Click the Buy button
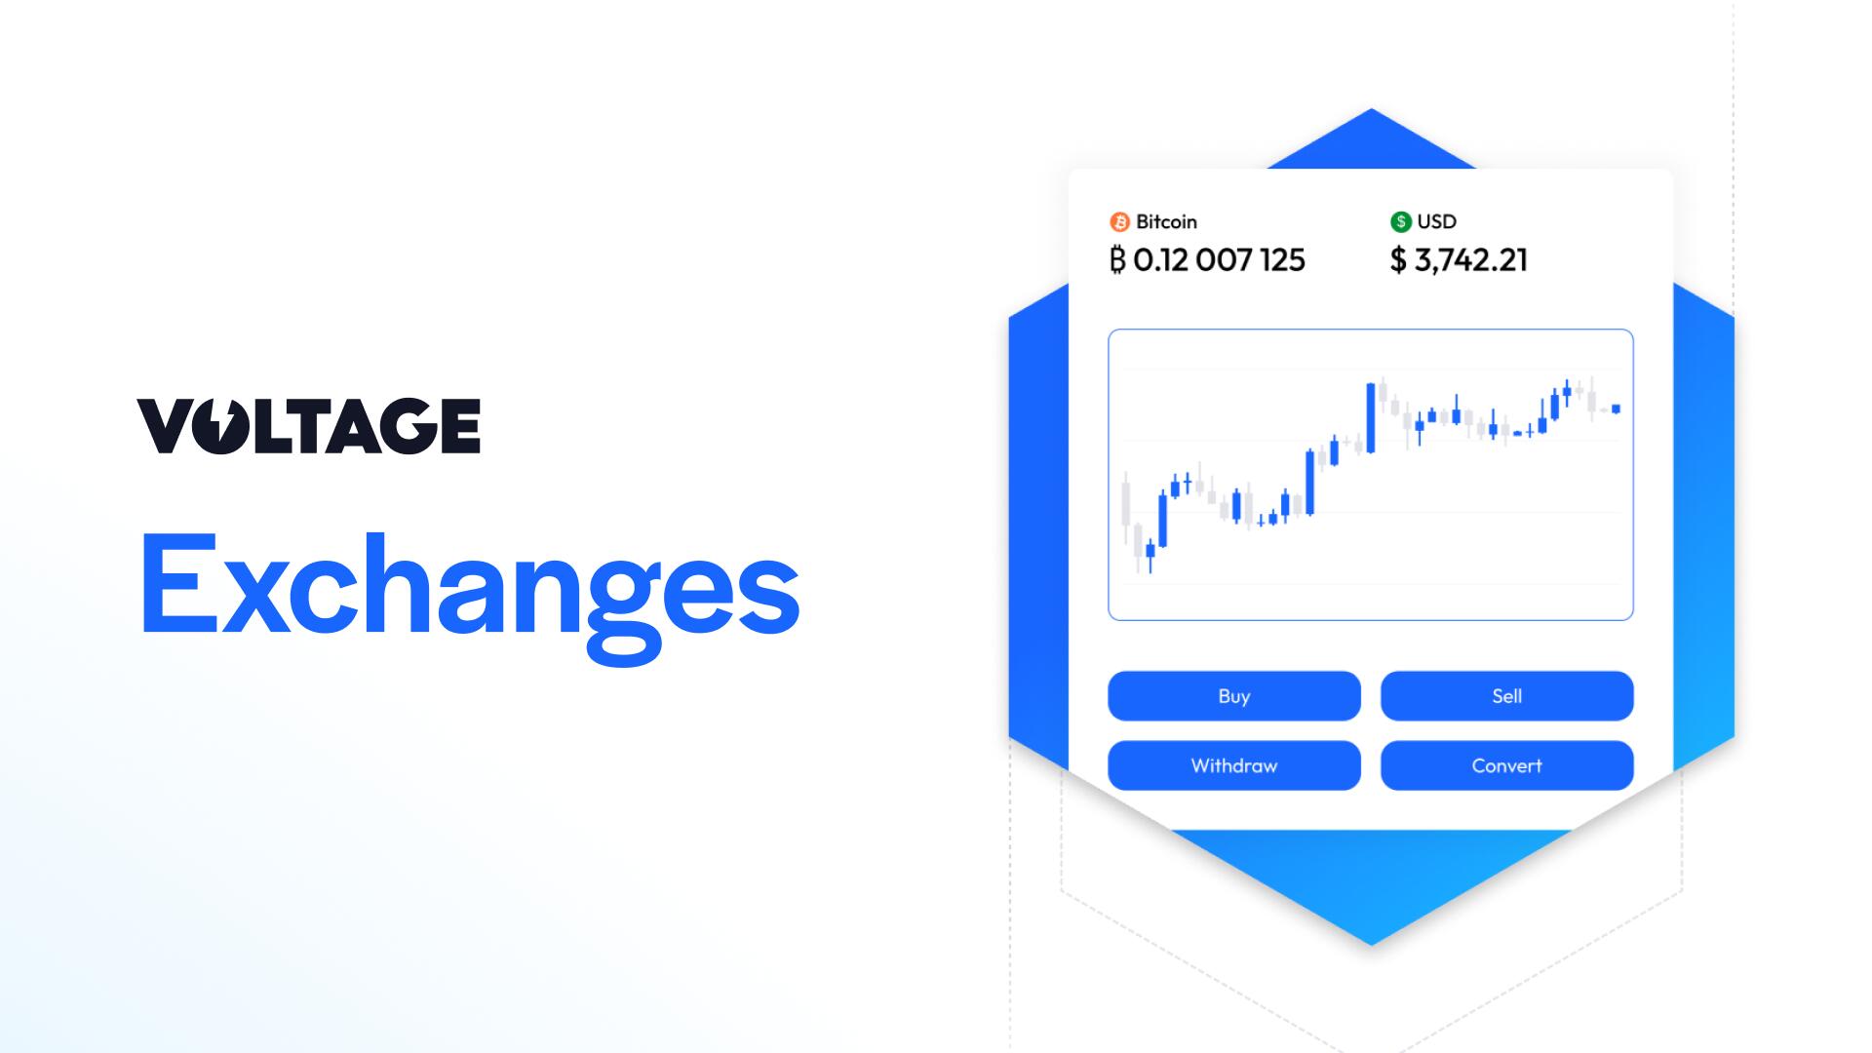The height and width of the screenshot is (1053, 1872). point(1233,696)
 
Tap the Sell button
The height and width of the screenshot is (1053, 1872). point(1506,696)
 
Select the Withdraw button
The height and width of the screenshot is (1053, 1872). point(1233,765)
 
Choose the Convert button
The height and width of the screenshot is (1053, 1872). point(1506,765)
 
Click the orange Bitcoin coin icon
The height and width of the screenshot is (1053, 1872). point(1119,222)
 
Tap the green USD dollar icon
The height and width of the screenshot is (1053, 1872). point(1400,222)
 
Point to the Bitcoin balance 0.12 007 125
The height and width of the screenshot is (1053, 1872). point(1218,260)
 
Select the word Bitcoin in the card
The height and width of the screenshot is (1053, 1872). point(1166,222)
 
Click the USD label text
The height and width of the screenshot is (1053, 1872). point(1436,222)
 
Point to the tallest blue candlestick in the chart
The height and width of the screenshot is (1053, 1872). point(1371,417)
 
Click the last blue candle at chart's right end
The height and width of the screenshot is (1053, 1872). point(1616,409)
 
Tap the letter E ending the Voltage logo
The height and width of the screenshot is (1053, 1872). point(455,426)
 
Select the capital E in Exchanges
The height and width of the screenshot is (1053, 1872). point(176,585)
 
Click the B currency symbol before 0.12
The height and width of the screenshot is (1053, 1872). point(1117,260)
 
